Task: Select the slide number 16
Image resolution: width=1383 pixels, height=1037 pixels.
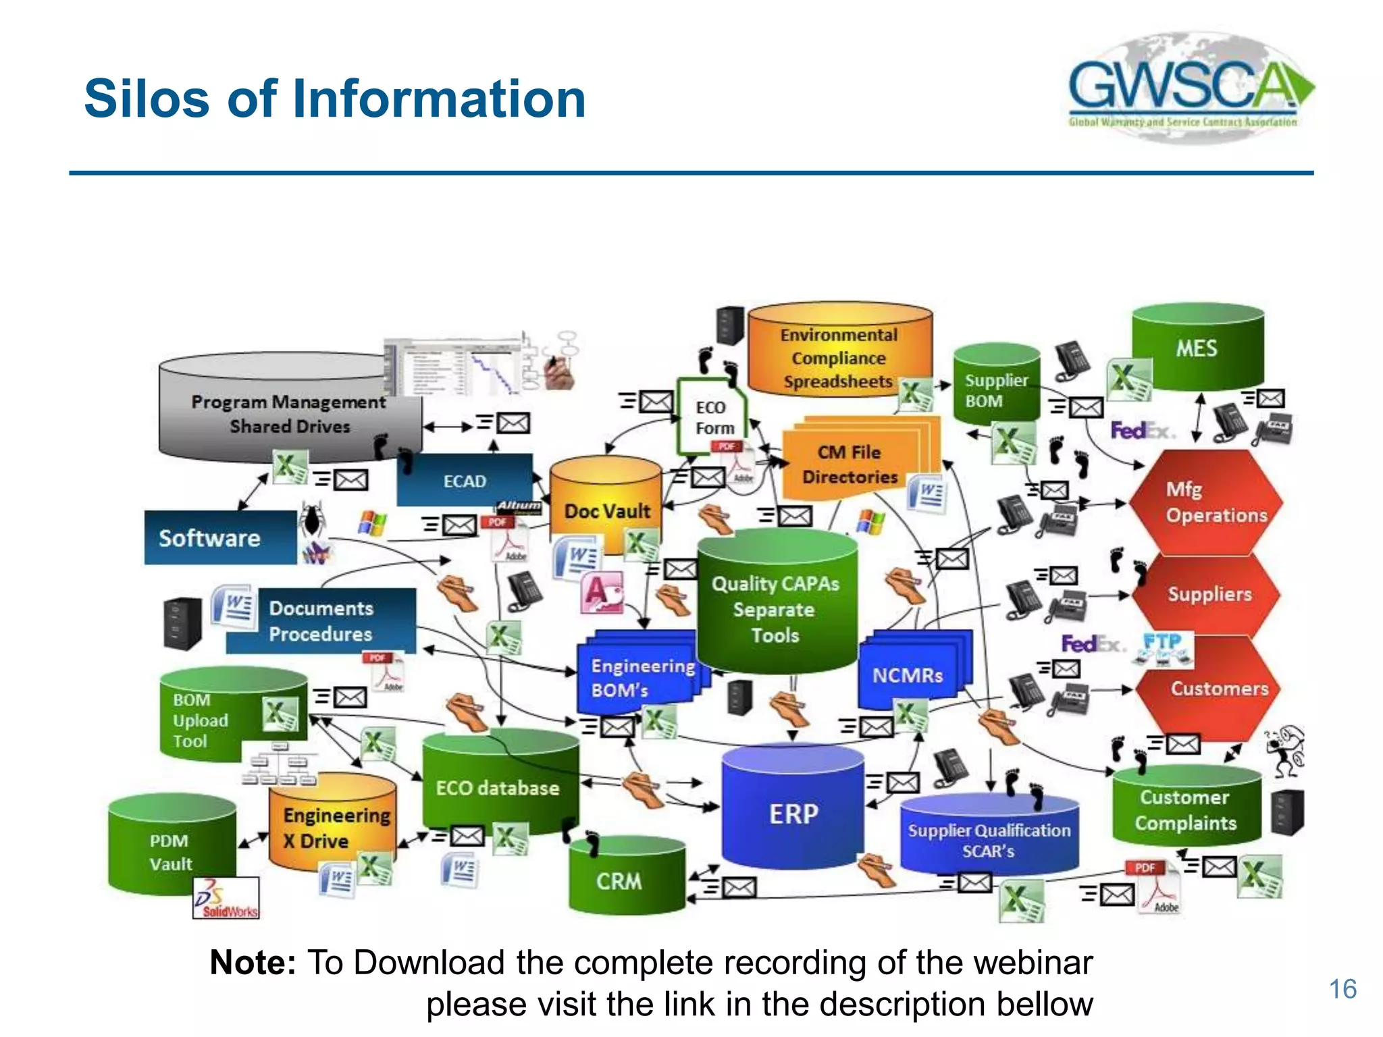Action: (1342, 989)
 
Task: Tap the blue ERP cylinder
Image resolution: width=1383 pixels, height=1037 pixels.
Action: (793, 813)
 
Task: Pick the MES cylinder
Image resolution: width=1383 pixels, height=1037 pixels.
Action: (1197, 348)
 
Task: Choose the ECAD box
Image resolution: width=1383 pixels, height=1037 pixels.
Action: (465, 481)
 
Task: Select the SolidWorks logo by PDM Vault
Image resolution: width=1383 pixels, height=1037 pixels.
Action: (226, 899)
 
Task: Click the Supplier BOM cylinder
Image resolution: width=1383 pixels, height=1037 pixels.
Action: (995, 388)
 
